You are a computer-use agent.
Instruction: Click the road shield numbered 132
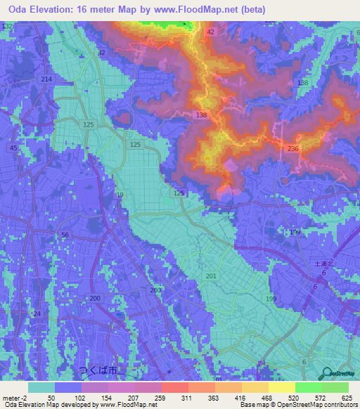tap(7, 26)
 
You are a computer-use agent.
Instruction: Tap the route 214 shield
tap(46, 80)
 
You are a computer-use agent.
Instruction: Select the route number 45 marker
tap(13, 148)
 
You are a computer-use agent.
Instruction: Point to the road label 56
tap(65, 235)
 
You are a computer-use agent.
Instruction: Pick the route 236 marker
tap(293, 148)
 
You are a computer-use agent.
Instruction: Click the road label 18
tap(120, 195)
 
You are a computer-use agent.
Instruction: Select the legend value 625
tap(346, 398)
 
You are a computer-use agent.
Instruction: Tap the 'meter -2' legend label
tap(13, 398)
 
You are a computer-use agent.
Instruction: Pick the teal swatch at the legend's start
tap(41, 387)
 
